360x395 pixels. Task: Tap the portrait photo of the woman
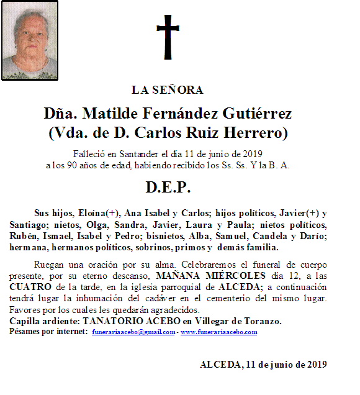[x=30, y=40]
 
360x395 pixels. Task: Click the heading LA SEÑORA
[x=168, y=90]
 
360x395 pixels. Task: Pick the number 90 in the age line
[x=78, y=165]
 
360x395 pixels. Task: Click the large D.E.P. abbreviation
[x=168, y=187]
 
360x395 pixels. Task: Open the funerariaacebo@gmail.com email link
[x=133, y=332]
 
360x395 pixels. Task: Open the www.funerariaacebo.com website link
[x=219, y=332]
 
